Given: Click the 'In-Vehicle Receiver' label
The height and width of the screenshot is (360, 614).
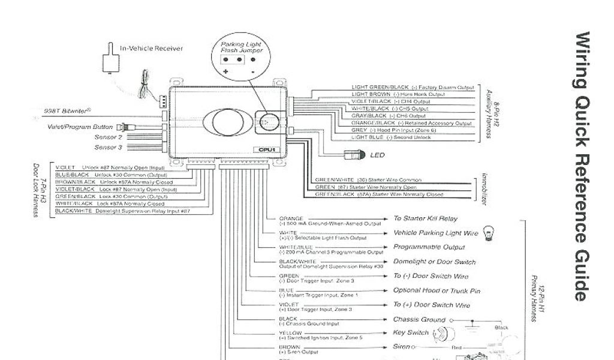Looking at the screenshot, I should [152, 49].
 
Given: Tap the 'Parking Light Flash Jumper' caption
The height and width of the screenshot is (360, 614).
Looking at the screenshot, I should [242, 48].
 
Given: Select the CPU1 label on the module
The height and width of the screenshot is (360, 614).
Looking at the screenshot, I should [267, 149].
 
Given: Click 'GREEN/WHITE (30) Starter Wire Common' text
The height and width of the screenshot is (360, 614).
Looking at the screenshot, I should [368, 180].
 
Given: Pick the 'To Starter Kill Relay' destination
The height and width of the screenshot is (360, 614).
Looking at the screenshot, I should [425, 218].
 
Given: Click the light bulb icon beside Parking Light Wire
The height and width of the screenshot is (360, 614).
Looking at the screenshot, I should [487, 233].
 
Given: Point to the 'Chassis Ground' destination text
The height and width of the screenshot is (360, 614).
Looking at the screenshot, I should [419, 320].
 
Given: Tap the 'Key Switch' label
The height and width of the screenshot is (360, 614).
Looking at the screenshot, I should [411, 333].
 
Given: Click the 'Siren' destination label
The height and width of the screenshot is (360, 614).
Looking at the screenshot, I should [402, 347].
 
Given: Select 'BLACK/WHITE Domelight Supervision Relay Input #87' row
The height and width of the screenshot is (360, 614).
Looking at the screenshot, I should [122, 211].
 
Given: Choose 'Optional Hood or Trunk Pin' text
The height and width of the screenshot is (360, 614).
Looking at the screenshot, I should [437, 291].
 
